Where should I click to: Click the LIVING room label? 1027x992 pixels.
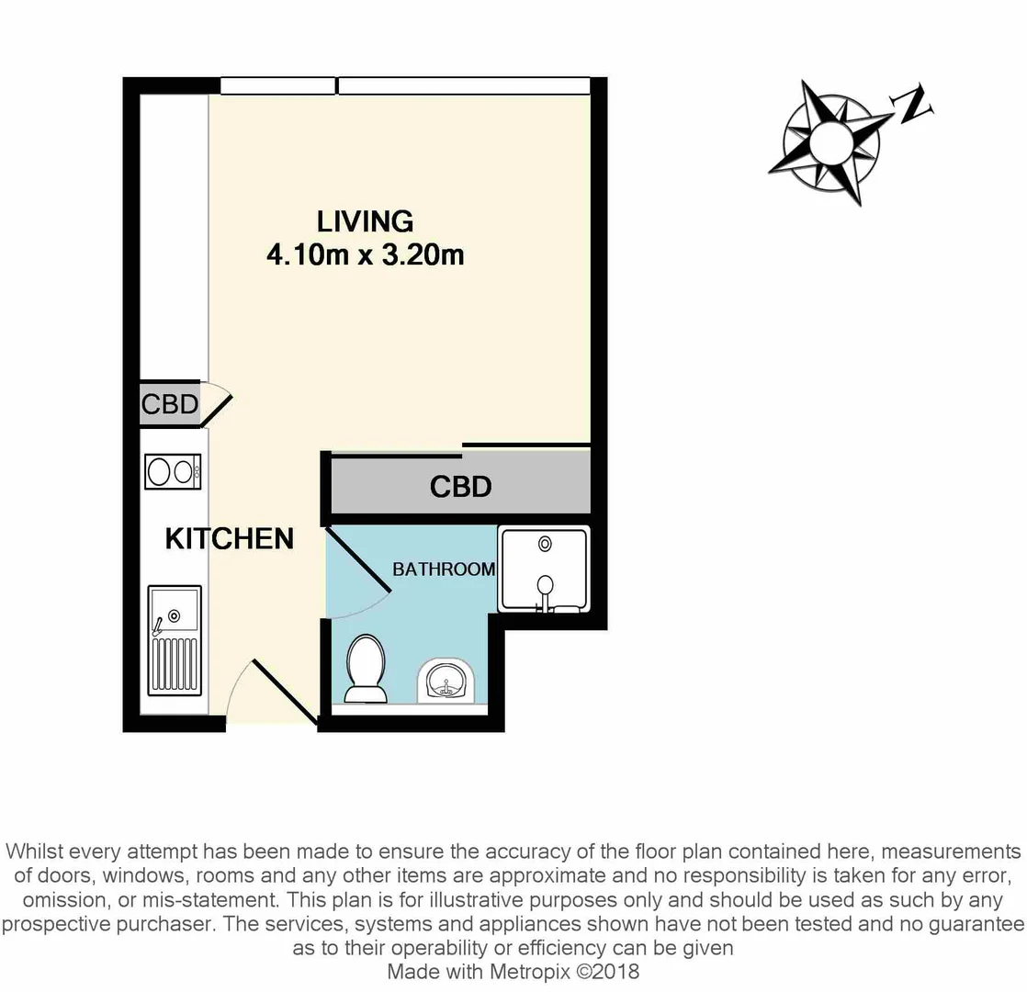[365, 221]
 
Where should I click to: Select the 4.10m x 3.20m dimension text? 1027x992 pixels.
[365, 254]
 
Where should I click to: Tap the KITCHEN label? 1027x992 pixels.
[229, 538]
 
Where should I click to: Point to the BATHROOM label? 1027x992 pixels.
[444, 569]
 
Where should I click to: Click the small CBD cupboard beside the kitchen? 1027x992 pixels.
[169, 404]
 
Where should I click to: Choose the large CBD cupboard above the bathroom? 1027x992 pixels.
[460, 486]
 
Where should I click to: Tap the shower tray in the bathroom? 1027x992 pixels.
[543, 569]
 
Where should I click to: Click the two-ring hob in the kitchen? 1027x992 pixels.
[173, 472]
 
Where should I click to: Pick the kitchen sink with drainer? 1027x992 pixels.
[174, 640]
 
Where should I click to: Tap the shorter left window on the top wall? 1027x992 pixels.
[277, 85]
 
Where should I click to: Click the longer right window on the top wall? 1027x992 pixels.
[464, 85]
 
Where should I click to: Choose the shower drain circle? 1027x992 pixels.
[545, 544]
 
